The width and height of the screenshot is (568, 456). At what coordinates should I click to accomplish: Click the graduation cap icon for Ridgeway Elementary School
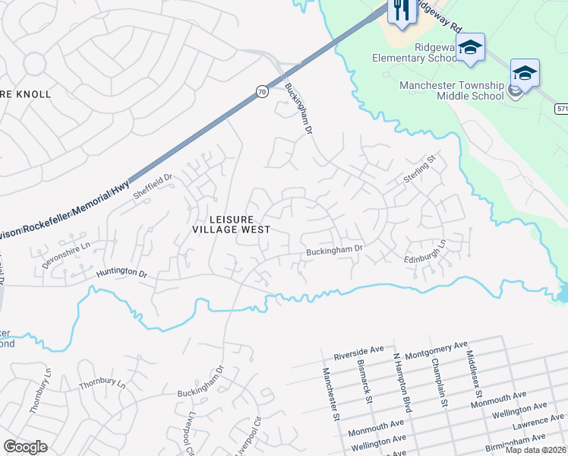point(470,48)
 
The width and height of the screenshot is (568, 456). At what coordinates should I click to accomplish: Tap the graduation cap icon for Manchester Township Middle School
point(524,73)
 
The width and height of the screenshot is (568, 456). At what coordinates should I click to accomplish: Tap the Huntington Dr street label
point(121,271)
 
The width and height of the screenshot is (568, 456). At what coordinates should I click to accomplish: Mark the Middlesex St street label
point(475,378)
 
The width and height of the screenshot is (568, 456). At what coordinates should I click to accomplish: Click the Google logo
point(25,447)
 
